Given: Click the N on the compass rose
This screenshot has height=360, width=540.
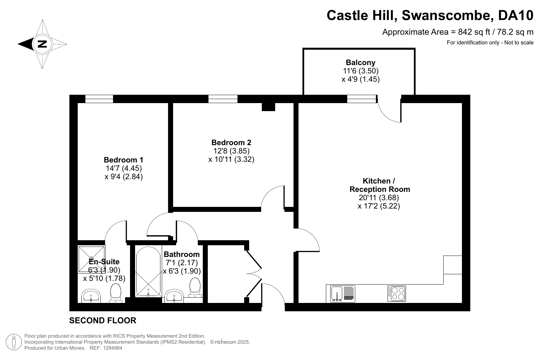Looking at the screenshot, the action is point(42,44).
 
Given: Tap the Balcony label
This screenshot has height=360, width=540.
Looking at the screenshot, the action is point(361,62).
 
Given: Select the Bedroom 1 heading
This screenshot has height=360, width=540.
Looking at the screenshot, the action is point(123,160).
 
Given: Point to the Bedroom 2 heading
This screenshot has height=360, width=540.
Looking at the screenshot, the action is point(231,142).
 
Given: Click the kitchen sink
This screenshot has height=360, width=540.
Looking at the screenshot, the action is point(343,294).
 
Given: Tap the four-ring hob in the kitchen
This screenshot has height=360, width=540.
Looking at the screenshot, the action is point(397,294).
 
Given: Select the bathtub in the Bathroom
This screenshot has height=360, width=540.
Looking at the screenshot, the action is point(148,271).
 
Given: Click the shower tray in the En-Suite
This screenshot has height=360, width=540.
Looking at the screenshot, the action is point(91,259).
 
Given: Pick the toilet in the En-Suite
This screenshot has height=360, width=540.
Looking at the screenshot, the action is point(116,293).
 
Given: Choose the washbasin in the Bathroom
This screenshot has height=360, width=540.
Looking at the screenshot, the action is point(174,296).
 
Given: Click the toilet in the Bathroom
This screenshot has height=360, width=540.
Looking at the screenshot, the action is point(195,287).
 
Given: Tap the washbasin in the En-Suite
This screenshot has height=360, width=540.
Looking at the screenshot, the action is point(91,296).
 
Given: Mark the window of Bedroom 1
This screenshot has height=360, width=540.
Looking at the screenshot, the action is point(99,99).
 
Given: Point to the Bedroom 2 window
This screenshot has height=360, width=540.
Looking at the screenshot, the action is point(223,99).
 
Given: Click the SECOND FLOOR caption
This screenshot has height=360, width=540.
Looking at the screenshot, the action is point(103,320).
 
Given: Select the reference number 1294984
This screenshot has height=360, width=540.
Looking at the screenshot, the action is point(113,348).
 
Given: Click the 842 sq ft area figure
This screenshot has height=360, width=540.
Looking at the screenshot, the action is point(474,32).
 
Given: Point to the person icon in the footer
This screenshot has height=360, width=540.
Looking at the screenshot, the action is point(14,342).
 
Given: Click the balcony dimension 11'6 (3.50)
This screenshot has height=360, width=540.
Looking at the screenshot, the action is point(361,71).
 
